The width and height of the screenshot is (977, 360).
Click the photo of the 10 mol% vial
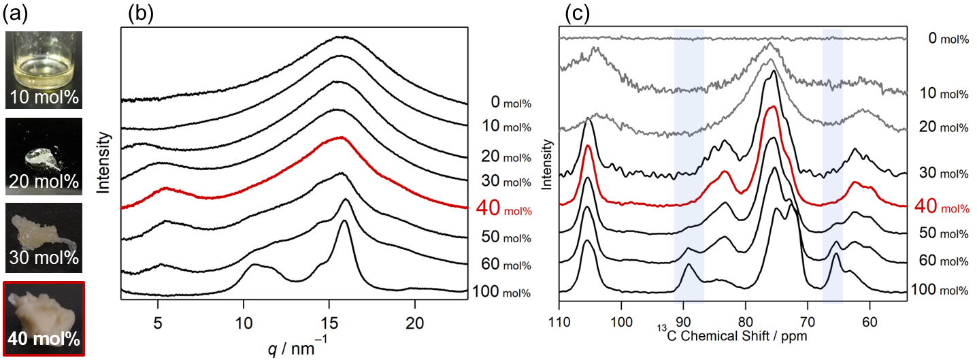[x=44, y=70]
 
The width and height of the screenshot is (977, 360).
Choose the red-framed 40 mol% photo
[x=44, y=318]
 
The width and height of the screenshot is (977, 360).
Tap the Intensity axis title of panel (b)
[x=103, y=163]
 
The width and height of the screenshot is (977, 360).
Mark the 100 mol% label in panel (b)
[x=500, y=293]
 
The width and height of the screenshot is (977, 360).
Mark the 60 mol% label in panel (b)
[x=500, y=265]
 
